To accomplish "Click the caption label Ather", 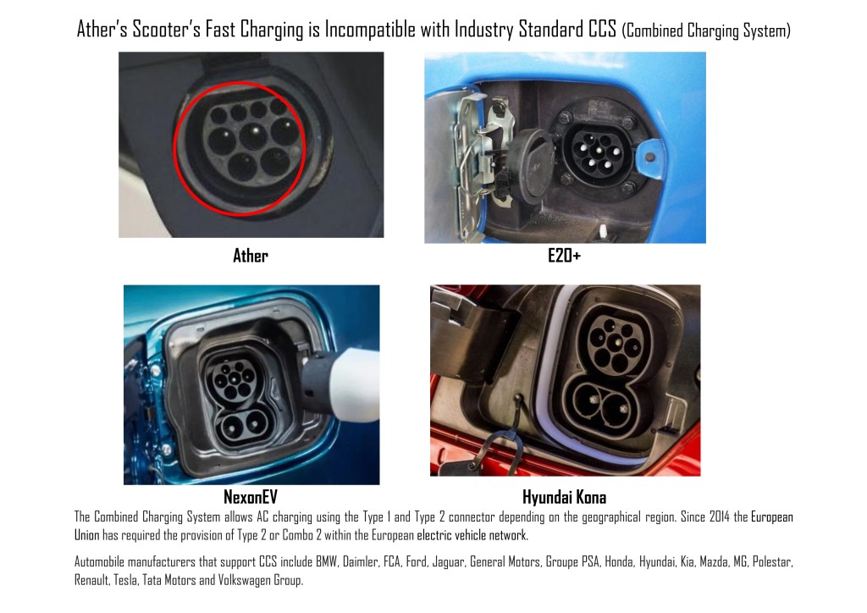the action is (x=251, y=256).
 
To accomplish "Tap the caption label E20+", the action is (x=564, y=256).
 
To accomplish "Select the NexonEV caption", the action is (x=251, y=497).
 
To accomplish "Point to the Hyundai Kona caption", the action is (x=564, y=498).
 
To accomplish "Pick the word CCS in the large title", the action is (x=602, y=30).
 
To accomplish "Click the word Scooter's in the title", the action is (x=167, y=30).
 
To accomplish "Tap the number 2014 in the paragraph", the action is (x=720, y=517).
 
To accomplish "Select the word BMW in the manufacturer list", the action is (x=326, y=562).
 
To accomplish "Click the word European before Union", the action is (x=772, y=517).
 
